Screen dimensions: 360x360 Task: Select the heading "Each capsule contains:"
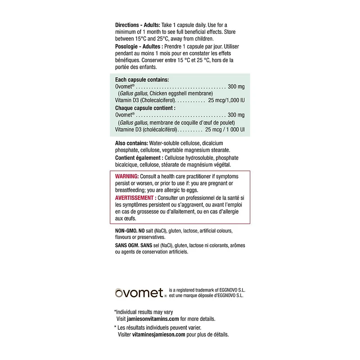(142, 79)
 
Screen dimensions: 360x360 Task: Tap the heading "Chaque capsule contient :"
(145, 108)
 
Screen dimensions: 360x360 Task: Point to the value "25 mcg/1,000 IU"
(226, 100)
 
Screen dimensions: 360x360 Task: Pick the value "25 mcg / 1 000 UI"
(225, 130)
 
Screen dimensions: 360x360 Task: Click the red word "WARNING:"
(127, 176)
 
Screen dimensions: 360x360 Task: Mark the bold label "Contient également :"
(139, 158)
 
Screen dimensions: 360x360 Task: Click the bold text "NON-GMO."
(126, 230)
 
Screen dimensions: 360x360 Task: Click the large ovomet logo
(139, 293)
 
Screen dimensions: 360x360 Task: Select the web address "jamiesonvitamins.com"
(152, 319)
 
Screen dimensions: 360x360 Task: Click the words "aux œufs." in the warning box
(125, 218)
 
